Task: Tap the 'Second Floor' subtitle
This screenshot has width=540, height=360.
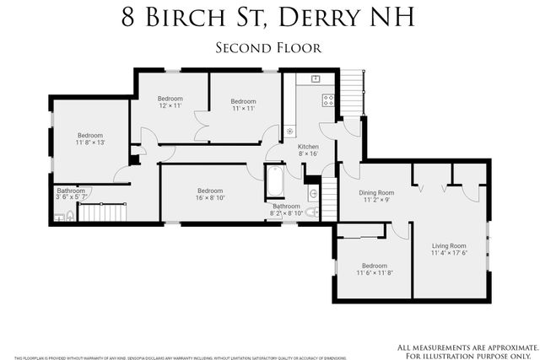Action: click(x=269, y=48)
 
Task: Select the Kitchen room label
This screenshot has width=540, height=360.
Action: click(x=308, y=147)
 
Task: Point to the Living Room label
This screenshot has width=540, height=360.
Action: click(x=449, y=244)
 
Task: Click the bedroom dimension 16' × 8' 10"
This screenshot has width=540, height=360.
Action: click(x=210, y=199)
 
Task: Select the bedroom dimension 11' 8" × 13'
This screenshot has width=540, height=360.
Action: click(x=90, y=143)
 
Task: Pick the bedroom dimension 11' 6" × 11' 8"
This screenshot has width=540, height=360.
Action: click(x=374, y=273)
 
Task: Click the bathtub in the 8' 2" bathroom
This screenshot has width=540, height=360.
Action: click(x=275, y=182)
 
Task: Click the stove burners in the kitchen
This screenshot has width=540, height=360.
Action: click(x=328, y=99)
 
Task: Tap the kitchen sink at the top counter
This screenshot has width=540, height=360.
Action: click(x=316, y=78)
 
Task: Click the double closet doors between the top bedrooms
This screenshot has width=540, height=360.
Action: click(x=201, y=130)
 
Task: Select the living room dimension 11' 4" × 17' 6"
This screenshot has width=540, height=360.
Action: click(x=449, y=253)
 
